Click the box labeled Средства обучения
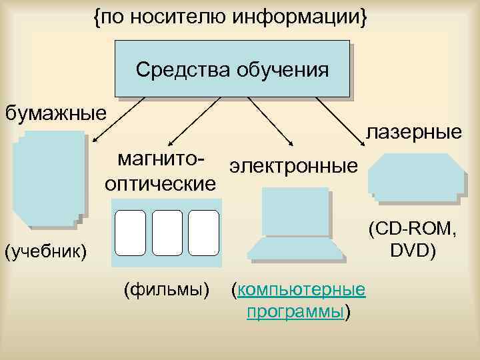[x=232, y=69]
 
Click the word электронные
[x=293, y=165]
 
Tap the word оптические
[x=160, y=183]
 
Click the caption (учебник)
[x=45, y=252]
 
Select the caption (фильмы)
[x=167, y=290]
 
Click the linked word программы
[x=295, y=312]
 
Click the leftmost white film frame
[x=131, y=233]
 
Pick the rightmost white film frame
[x=203, y=233]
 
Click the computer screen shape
[x=295, y=213]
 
